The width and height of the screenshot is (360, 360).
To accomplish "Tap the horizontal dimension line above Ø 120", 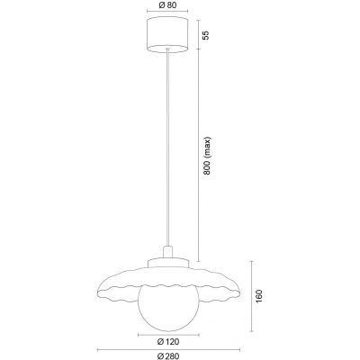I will (x=165, y=333).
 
